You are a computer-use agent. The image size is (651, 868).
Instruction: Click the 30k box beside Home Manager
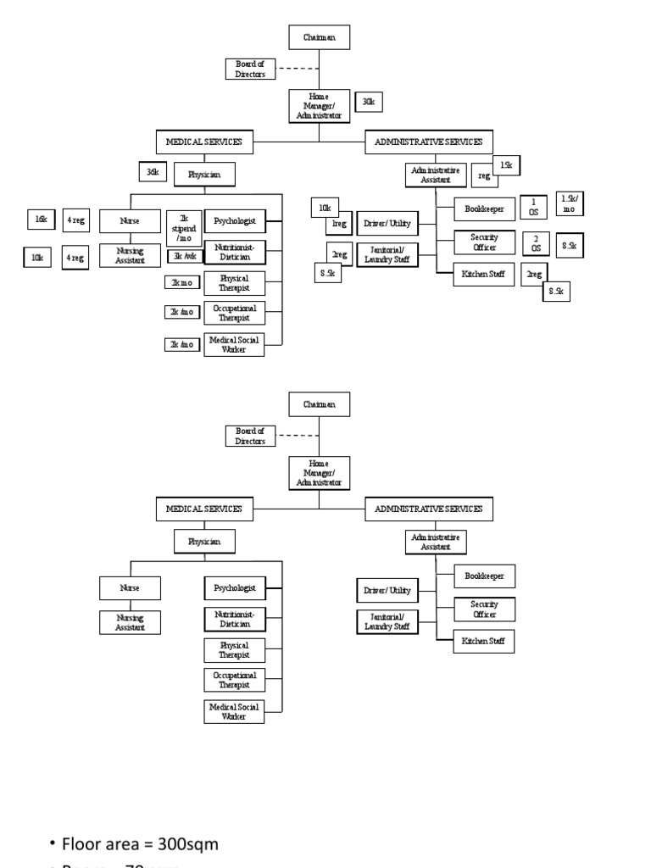(x=368, y=102)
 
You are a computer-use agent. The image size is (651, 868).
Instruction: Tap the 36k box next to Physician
(x=153, y=172)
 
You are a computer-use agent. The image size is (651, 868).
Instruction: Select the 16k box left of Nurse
(x=40, y=220)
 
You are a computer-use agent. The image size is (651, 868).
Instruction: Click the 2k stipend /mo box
(x=183, y=228)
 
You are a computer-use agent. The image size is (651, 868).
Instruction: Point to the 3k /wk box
(x=183, y=256)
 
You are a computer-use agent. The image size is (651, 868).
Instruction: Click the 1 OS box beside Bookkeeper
(x=533, y=207)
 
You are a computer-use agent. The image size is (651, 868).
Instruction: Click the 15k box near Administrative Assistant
(x=506, y=165)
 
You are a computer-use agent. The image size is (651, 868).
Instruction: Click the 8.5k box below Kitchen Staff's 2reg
(x=556, y=292)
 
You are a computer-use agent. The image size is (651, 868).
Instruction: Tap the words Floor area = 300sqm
(x=140, y=844)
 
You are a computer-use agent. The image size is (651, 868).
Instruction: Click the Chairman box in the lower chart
(x=319, y=404)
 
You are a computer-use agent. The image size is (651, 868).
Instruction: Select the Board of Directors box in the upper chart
(x=250, y=69)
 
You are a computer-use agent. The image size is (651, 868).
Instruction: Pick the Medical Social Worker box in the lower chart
(x=234, y=711)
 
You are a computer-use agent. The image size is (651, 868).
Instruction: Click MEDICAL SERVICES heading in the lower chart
(x=203, y=509)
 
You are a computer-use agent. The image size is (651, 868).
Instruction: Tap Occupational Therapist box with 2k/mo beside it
(x=234, y=313)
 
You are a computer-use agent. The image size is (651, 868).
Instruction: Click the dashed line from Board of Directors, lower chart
(x=297, y=436)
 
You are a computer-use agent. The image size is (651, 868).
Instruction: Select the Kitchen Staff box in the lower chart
(x=483, y=641)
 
